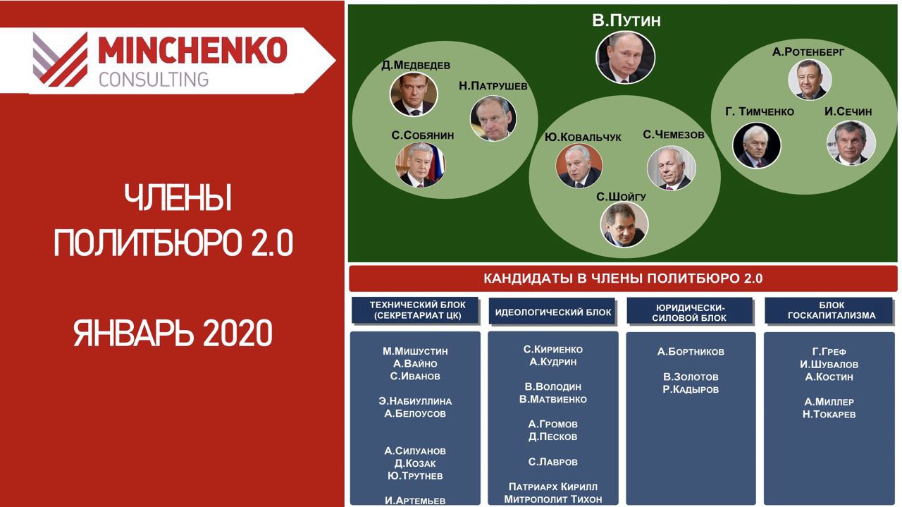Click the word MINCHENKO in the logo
(x=192, y=50)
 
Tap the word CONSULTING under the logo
(x=154, y=80)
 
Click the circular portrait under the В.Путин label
(x=625, y=58)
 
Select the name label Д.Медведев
(x=416, y=65)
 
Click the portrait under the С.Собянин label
(x=421, y=165)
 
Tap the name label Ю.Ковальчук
(x=583, y=138)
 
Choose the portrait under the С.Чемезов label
(x=672, y=168)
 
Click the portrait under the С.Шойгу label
(x=624, y=224)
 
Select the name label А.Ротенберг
(x=808, y=52)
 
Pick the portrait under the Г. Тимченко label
(x=757, y=145)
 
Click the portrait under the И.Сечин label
(x=851, y=143)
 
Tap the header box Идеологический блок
(x=552, y=311)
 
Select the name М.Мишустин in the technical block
(x=415, y=351)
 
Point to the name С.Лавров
(x=553, y=462)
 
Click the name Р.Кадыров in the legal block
(x=691, y=389)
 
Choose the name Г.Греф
(x=829, y=351)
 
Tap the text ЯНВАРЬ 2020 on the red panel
(x=173, y=333)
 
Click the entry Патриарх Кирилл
(x=553, y=487)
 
